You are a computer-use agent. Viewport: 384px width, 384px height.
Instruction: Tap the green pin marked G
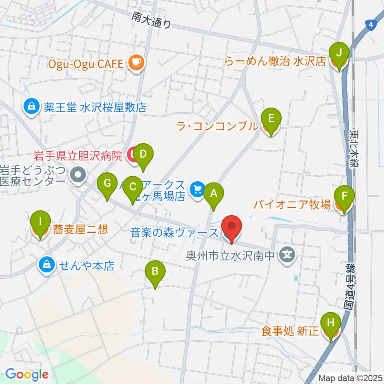click(107, 184)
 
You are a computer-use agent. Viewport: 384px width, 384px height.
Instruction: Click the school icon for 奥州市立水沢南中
click(287, 254)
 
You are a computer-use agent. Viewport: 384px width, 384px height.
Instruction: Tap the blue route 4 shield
click(371, 25)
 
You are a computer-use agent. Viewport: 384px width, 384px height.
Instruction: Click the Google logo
click(27, 374)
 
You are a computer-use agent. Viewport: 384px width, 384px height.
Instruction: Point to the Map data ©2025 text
click(350, 378)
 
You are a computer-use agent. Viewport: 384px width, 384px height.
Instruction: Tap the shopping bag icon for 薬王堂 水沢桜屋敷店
click(30, 107)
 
